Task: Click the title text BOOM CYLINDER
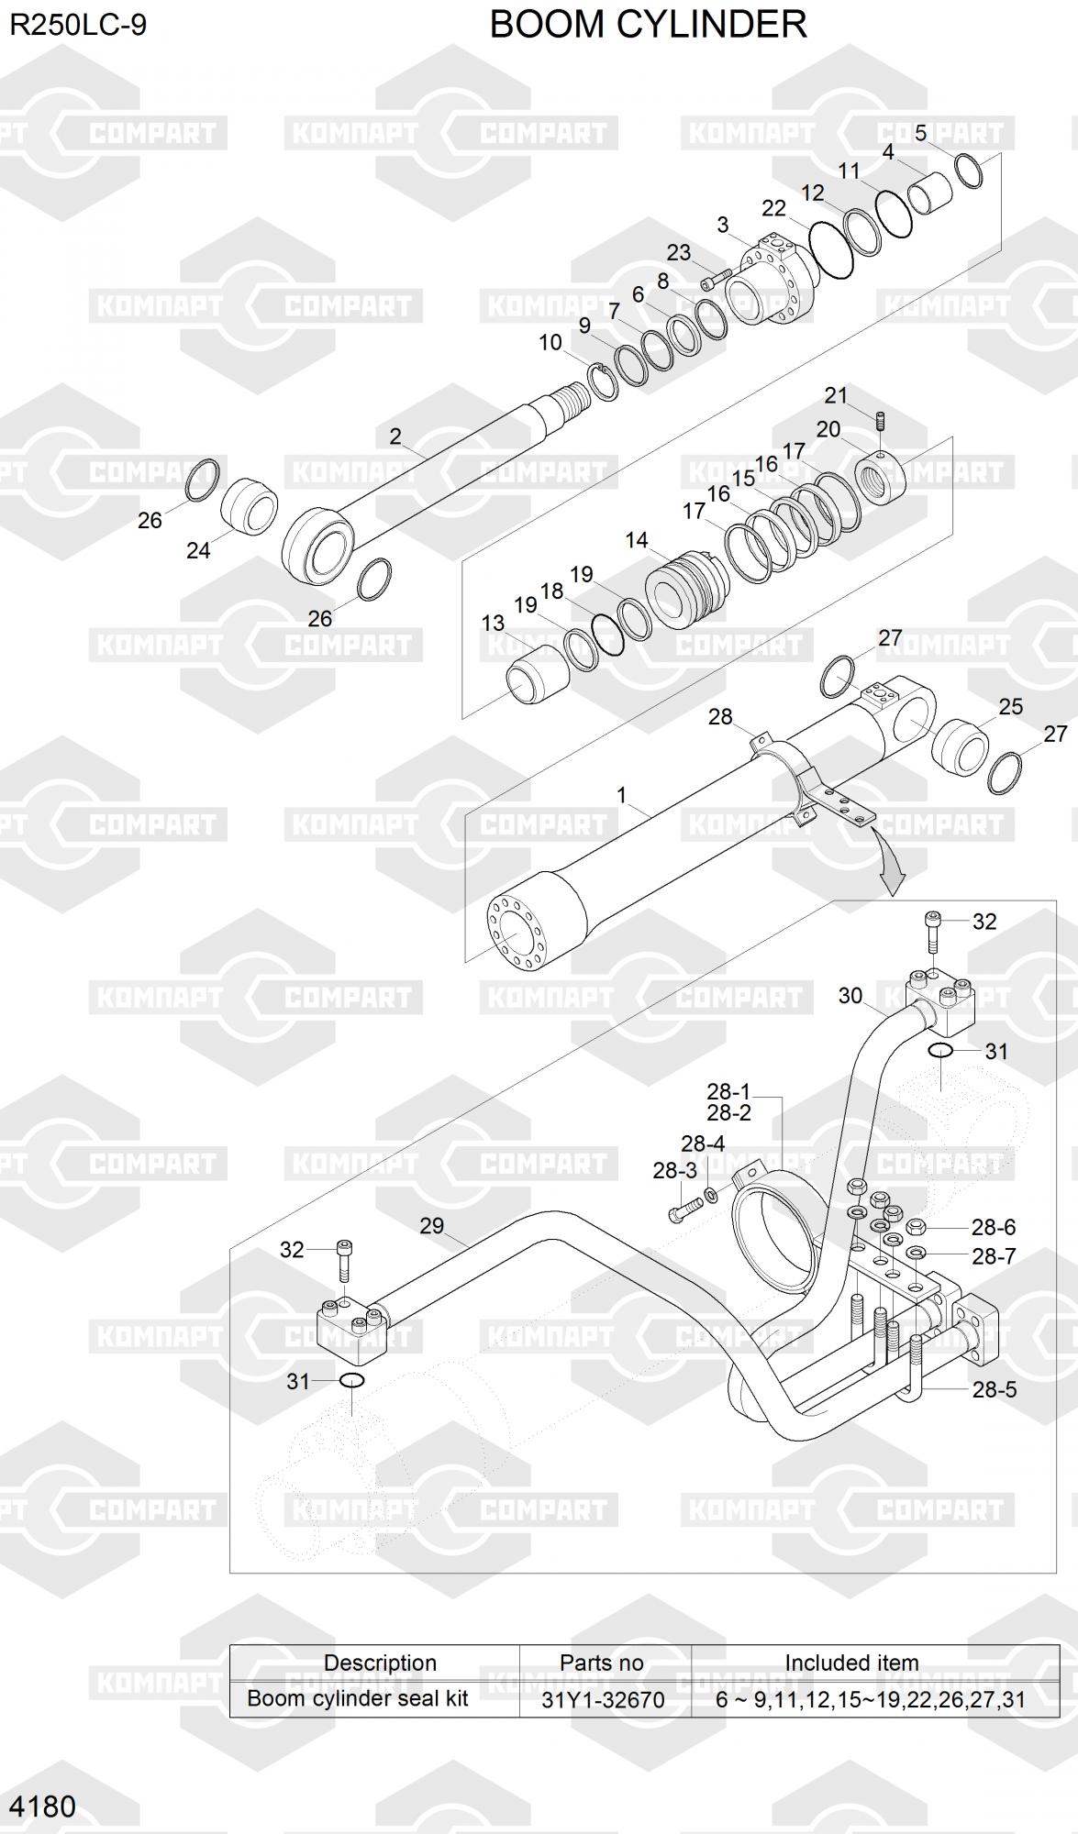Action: click(648, 25)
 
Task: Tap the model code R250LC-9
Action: click(78, 25)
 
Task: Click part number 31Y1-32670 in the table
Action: click(603, 1699)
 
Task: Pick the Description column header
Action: click(380, 1663)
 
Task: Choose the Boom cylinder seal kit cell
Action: click(358, 1698)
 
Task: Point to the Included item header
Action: click(851, 1663)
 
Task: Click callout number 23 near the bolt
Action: click(678, 252)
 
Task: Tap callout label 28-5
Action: click(995, 1389)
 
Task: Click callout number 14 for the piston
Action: click(637, 540)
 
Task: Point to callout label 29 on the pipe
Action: click(431, 1226)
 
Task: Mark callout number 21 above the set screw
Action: click(835, 395)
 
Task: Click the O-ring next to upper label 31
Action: click(940, 1050)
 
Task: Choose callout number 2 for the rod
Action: click(395, 436)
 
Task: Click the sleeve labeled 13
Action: click(534, 674)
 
